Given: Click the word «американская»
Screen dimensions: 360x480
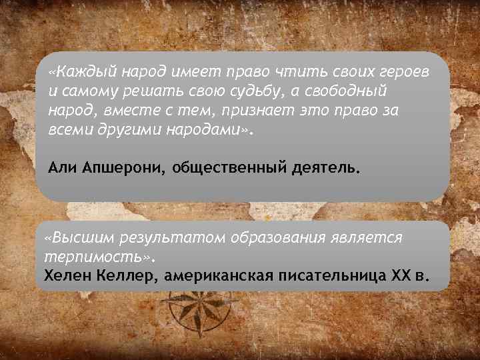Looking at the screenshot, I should click(x=220, y=275).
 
